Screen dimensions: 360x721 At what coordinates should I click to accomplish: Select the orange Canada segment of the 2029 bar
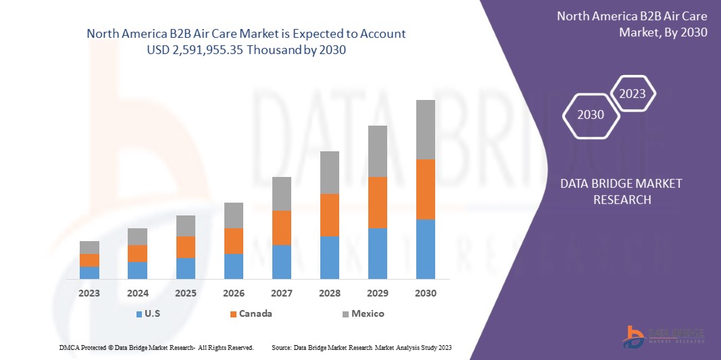click(x=377, y=202)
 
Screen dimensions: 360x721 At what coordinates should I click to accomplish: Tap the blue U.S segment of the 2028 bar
click(x=329, y=257)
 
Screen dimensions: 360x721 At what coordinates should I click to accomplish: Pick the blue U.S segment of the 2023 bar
click(x=89, y=272)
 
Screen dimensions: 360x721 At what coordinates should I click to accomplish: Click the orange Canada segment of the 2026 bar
click(x=233, y=240)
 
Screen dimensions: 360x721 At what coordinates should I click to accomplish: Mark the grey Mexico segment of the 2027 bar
click(x=281, y=193)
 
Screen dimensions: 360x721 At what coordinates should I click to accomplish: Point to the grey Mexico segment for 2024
click(x=137, y=236)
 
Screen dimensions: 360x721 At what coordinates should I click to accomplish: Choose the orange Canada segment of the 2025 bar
click(x=185, y=247)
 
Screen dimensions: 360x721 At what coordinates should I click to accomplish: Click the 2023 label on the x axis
click(x=89, y=293)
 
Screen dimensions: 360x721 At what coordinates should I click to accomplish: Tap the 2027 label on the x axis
click(x=281, y=293)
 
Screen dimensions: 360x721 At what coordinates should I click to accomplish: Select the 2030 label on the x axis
click(x=425, y=293)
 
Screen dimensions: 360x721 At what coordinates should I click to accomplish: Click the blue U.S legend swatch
click(x=139, y=314)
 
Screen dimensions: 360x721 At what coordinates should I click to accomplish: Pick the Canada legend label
click(x=257, y=313)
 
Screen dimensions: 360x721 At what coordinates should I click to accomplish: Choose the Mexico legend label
click(x=368, y=313)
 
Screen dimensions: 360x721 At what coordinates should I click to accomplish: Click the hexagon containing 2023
click(x=632, y=94)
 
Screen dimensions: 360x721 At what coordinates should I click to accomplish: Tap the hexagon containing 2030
click(x=591, y=115)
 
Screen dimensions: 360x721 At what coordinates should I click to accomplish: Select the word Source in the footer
click(x=281, y=347)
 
